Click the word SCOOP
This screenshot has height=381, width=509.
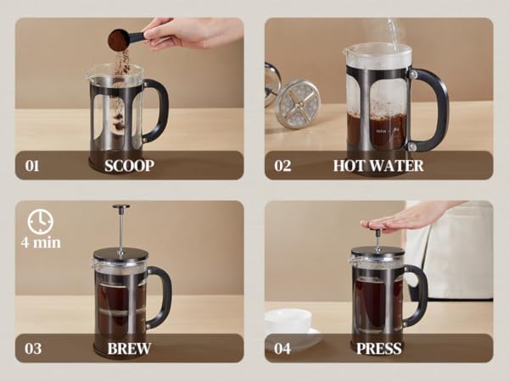coord(129,165)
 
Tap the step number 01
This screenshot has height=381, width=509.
coord(31,165)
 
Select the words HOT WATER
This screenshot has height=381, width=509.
coord(378,165)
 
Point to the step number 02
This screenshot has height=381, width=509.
coord(282,165)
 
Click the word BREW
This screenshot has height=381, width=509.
coord(129,348)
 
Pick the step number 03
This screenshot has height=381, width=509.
coord(31,348)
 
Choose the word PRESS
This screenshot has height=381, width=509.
coord(379,348)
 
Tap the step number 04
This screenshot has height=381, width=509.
coord(282,348)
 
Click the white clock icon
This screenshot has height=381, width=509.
coord(40,222)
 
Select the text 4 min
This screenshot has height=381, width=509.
coord(40,243)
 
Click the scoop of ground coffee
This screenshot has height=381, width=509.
coord(119,39)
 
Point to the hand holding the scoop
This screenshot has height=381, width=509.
coord(182,32)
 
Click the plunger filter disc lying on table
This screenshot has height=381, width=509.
coord(298,103)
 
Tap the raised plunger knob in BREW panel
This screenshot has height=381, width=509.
coord(121,207)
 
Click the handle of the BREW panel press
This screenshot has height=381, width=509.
coord(161,295)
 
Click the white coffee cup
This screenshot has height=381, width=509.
coord(288,323)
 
